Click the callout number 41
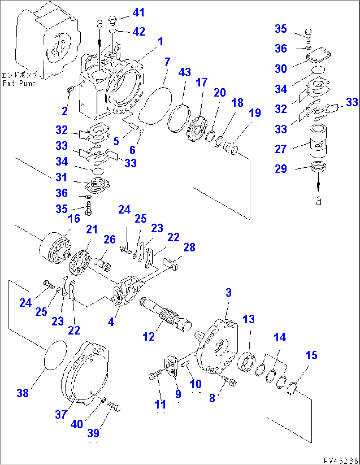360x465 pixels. [138, 13]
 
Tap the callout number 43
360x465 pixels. [185, 72]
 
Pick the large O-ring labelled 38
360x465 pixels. [55, 353]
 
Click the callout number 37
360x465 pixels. [61, 414]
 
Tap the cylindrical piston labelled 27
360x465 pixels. [318, 140]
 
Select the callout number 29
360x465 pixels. [281, 169]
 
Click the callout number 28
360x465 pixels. [189, 247]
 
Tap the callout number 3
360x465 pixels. [229, 292]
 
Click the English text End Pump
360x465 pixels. [19, 83]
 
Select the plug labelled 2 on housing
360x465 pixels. [70, 89]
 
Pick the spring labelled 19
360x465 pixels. [230, 147]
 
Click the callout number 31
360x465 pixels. [61, 177]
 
